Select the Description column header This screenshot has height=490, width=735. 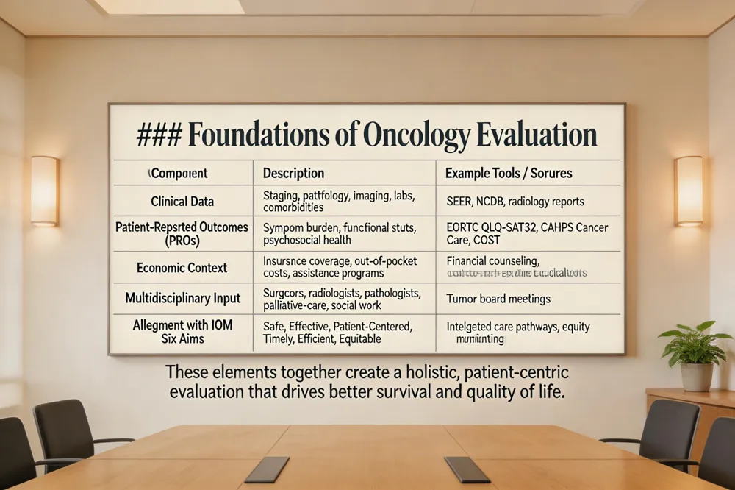click(293, 174)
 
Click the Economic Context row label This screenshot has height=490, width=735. click(182, 268)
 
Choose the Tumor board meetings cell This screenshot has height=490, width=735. click(498, 299)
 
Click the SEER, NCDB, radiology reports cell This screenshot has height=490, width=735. click(514, 202)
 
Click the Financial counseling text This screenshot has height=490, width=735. click(492, 260)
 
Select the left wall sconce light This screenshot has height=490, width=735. click(45, 191)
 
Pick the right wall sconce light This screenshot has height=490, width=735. click(688, 191)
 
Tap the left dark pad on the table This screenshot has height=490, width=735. click(267, 469)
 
